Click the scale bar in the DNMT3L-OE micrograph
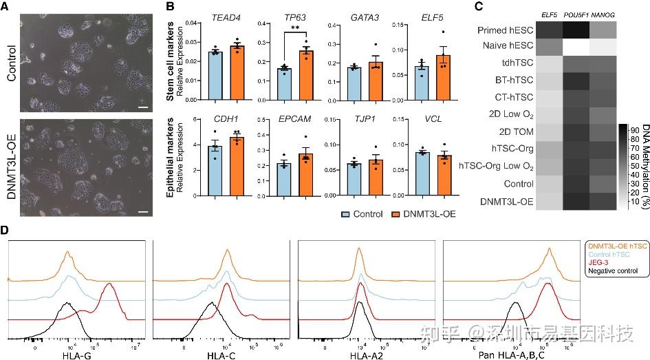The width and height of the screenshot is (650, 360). (x=143, y=212)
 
